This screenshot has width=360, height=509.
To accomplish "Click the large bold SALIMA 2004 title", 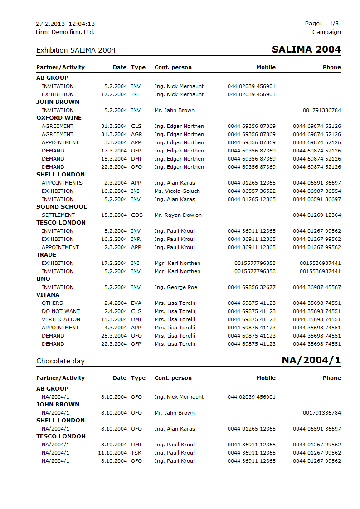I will click(306, 49).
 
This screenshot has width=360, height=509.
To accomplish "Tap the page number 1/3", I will click(334, 24).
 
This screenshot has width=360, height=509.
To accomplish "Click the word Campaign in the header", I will click(326, 32).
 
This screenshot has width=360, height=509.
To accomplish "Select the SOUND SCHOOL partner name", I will click(61, 207).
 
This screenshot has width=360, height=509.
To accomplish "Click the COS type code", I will click(136, 215).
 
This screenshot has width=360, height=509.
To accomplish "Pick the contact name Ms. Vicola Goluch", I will click(177, 191).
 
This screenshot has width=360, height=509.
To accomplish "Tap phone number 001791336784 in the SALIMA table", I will click(321, 110).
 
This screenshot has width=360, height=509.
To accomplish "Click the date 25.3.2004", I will click(114, 336).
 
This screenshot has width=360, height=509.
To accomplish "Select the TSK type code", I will click(136, 453).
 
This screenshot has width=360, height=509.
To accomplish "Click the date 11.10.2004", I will click(112, 453).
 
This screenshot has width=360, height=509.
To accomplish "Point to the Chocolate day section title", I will click(60, 361).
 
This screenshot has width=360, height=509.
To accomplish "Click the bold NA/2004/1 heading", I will click(311, 360).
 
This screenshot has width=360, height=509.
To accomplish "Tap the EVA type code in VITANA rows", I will click(136, 303).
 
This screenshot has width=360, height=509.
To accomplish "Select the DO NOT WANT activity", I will click(60, 311).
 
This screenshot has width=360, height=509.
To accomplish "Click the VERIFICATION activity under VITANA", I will click(61, 319).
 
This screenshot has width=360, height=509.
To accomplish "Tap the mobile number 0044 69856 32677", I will click(252, 287).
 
